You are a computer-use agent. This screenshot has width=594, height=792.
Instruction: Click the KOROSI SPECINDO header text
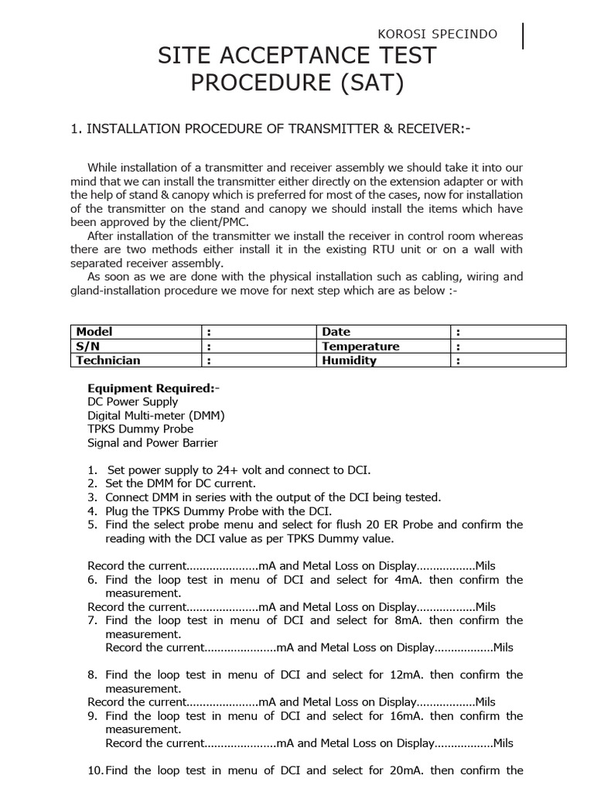coord(437,35)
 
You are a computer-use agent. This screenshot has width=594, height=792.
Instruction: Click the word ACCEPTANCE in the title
coord(298,56)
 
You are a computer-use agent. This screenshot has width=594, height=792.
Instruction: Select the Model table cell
coord(94,332)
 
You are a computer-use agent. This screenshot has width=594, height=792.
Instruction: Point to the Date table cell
coord(336,332)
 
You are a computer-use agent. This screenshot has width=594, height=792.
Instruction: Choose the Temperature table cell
coord(360,346)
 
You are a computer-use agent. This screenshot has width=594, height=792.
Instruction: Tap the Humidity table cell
coord(349,360)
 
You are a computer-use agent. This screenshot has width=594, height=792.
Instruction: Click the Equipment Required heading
coord(153,388)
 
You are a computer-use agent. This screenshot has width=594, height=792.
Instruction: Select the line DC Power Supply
coord(132,401)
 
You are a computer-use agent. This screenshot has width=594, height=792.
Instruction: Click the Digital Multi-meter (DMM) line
coord(155,415)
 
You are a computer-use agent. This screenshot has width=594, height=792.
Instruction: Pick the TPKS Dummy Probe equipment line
coord(140,428)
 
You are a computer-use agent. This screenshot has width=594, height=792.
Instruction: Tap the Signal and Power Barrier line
coord(152,442)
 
